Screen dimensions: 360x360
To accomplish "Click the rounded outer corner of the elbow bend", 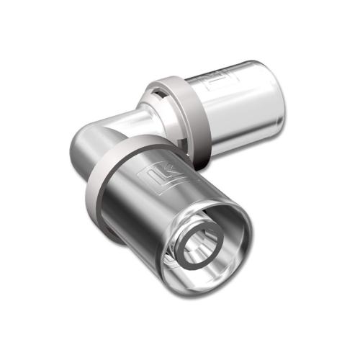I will point(83,144).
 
